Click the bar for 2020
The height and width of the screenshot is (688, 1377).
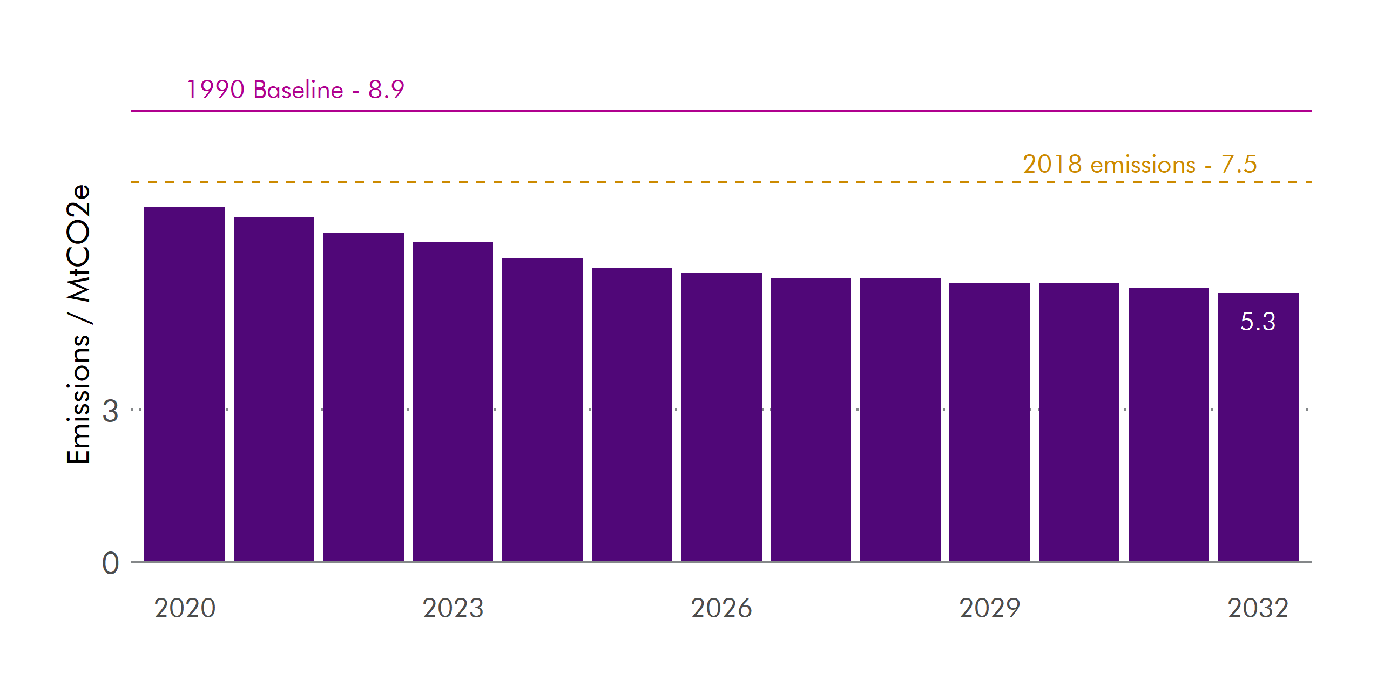coord(184,384)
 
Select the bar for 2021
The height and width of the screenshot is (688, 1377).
coord(274,389)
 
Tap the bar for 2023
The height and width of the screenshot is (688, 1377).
coord(453,401)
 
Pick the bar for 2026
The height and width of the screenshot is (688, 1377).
coord(721,417)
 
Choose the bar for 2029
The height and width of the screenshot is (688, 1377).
coord(989,422)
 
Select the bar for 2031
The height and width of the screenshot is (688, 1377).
coord(1169,424)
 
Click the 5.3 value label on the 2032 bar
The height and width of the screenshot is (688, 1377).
coord(1258,322)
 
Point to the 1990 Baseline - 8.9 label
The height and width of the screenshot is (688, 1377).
coord(295,90)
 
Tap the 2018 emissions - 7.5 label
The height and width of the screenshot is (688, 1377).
coord(1139,164)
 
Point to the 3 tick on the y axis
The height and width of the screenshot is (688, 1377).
coord(110,411)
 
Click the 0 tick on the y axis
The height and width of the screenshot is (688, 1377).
coord(110,563)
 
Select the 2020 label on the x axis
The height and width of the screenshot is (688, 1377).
coord(185,608)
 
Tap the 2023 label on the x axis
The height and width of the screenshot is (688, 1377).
coord(453,608)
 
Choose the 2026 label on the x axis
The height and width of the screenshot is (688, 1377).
coord(721,608)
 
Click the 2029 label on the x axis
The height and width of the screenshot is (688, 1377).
coord(989,608)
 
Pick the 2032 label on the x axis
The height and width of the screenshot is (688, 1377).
coord(1258,608)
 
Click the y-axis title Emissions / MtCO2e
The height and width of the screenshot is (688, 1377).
coord(78,324)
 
